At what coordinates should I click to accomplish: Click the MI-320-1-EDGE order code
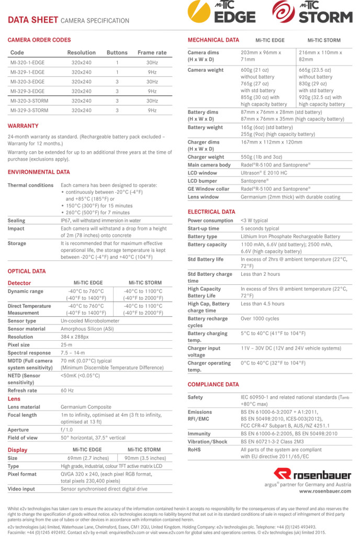click(28, 62)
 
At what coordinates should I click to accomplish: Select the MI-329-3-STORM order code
click(29, 110)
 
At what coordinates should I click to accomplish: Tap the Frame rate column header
click(152, 52)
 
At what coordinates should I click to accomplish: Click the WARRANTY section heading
click(23, 126)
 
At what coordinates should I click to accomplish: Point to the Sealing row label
click(16, 221)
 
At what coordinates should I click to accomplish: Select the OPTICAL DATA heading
click(26, 271)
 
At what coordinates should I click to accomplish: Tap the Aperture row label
click(18, 430)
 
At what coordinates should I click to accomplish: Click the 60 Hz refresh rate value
click(67, 390)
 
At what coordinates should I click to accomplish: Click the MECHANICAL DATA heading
click(213, 40)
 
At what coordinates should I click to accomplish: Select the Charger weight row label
click(206, 157)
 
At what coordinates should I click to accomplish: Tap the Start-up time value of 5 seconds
click(260, 229)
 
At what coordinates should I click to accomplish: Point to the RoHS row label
click(195, 450)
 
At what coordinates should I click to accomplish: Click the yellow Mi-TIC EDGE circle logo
click(200, 12)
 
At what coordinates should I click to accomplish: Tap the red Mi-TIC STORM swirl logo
click(283, 12)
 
